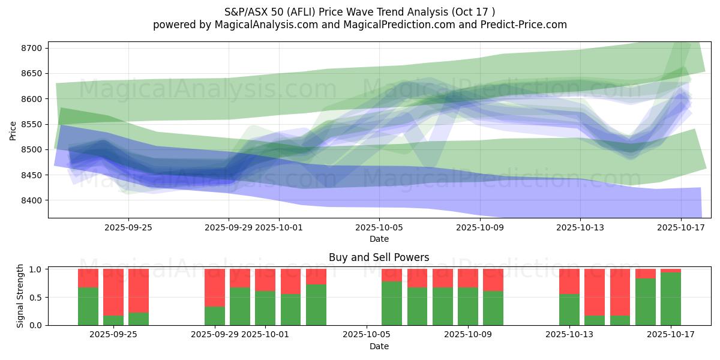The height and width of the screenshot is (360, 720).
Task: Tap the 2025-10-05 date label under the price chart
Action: (379, 227)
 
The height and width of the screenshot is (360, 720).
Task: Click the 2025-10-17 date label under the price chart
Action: (680, 227)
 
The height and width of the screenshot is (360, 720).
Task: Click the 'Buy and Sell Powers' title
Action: (379, 257)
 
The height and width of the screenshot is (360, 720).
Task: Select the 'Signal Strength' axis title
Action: (20, 296)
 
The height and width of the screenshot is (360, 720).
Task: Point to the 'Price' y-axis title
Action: (13, 130)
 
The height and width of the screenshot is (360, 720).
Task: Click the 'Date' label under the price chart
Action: (379, 239)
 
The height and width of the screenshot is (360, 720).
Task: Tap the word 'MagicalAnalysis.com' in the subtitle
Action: (262, 25)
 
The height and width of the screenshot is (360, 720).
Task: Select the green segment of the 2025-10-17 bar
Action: (671, 299)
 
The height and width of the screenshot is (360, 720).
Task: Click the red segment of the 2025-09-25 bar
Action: (139, 290)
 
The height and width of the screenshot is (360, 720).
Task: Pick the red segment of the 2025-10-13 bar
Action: (569, 281)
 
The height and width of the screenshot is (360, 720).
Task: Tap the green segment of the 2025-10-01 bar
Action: (265, 308)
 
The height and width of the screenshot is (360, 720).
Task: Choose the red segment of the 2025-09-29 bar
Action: (215, 287)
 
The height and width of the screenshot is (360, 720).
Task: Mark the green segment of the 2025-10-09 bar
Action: (468, 306)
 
